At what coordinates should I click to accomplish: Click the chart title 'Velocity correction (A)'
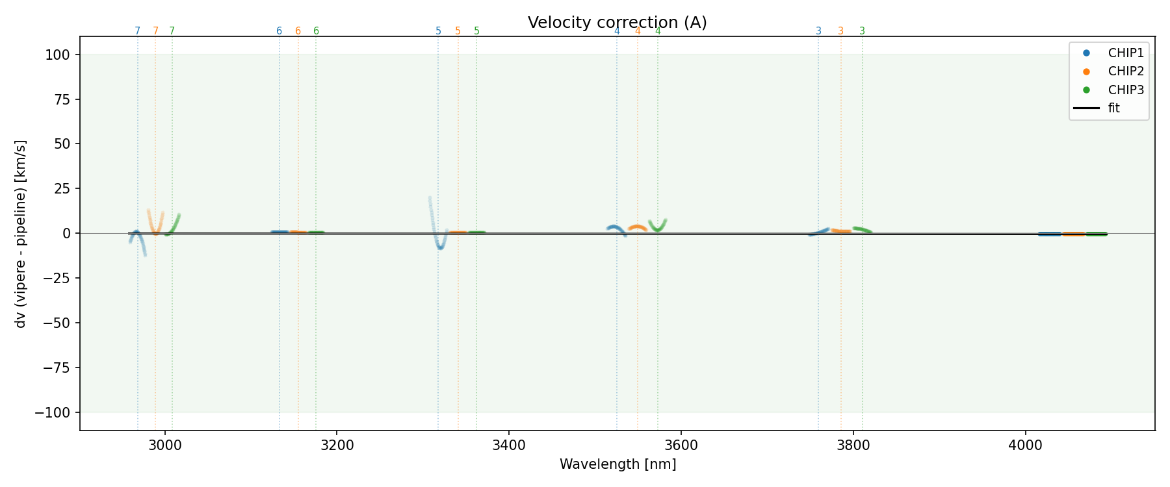[x=617, y=23]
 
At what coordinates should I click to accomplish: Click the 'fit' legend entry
[x=1113, y=108]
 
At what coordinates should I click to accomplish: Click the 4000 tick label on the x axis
[x=1025, y=445]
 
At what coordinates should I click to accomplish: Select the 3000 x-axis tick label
[x=165, y=445]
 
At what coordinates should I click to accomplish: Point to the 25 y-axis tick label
[x=64, y=189]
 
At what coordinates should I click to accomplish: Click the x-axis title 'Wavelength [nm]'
[x=617, y=464]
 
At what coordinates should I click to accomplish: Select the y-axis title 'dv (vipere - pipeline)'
[x=21, y=233]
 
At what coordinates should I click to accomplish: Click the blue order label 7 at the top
[x=137, y=31]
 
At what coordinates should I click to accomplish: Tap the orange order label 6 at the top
[x=298, y=31]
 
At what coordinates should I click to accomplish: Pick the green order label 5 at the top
[x=476, y=31]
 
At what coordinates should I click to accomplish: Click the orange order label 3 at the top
[x=840, y=31]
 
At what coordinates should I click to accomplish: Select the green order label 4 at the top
[x=658, y=31]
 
